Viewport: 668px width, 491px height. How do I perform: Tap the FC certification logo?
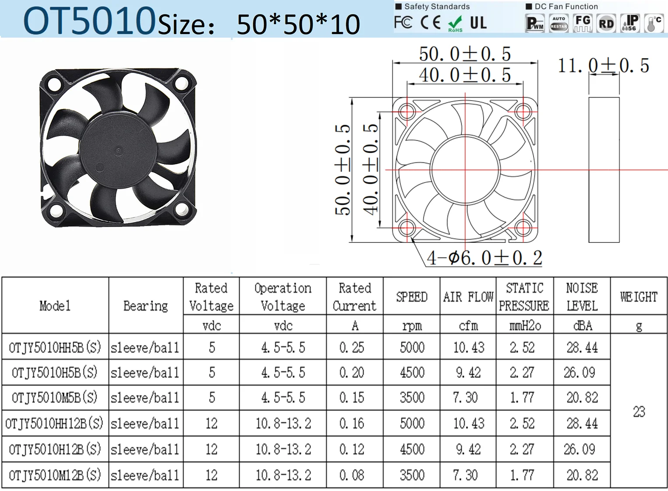pos(403,22)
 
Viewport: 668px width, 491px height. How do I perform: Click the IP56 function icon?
pos(629,23)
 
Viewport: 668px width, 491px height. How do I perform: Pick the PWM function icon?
pos(535,23)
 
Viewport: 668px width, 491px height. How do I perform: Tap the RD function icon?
pos(606,23)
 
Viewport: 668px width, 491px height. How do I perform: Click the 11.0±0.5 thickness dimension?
pos(603,66)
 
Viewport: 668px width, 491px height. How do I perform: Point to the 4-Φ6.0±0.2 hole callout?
pos(484,258)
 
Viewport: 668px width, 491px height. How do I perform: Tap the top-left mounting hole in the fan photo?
pos(54,84)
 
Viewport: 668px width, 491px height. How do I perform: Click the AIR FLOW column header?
pos(468,297)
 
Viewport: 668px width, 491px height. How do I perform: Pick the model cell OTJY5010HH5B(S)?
pos(55,347)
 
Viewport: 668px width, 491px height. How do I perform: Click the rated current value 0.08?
pos(351,475)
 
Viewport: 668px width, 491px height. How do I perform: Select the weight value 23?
pos(639,411)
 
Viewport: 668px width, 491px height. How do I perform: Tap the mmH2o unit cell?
pos(525,326)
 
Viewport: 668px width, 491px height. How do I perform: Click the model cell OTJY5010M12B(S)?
pos(55,475)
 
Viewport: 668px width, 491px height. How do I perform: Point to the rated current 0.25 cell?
pos(351,347)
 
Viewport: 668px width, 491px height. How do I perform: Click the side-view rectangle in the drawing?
pos(604,170)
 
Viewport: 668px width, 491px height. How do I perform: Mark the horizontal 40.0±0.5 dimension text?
pos(465,75)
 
